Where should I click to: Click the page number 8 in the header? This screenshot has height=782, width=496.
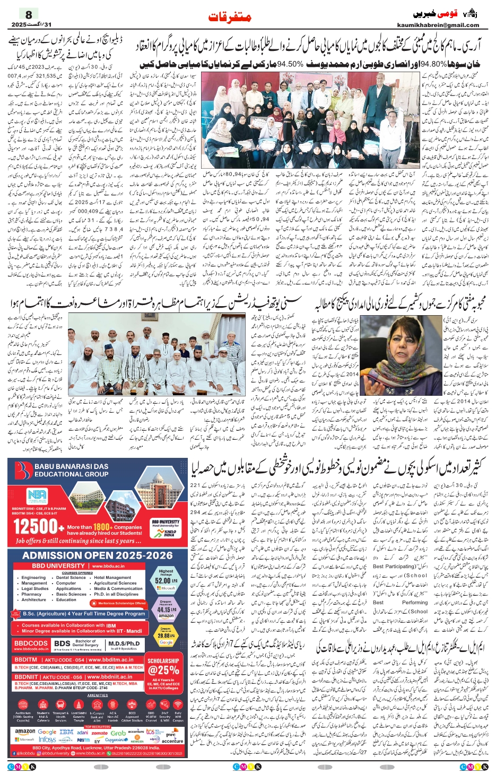29,14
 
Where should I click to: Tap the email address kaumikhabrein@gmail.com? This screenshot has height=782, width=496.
438,25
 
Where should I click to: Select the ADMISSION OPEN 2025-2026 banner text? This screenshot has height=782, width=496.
98,555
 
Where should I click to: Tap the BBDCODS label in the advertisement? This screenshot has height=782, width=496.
31,643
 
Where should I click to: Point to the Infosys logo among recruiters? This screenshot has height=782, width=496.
47,740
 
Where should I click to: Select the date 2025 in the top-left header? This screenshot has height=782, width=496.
19,25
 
